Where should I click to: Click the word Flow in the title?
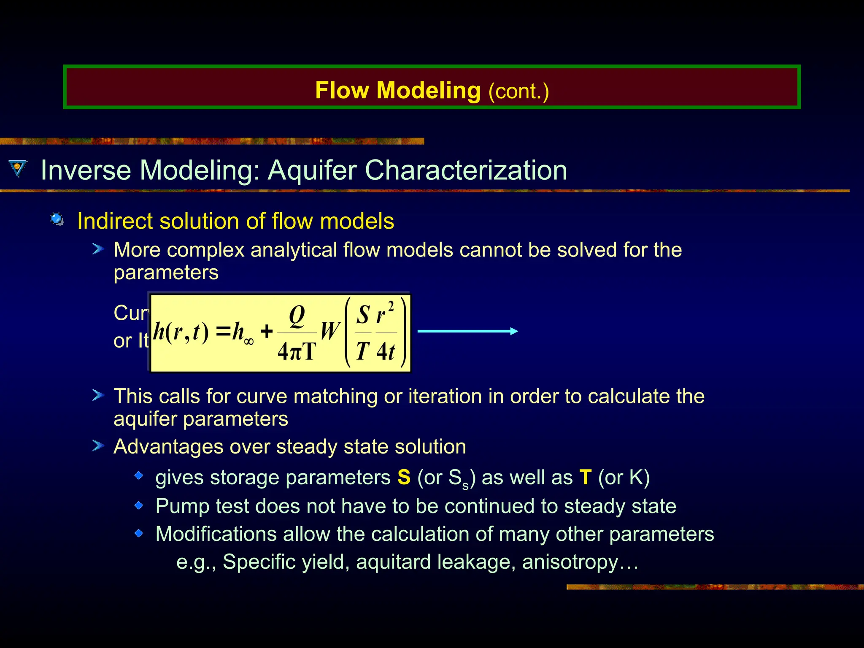[x=342, y=90]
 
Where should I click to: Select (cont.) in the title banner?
[x=518, y=91]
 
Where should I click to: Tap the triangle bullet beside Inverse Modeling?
[x=17, y=168]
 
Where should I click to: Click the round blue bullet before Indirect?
[x=57, y=219]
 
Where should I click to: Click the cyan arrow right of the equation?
[x=467, y=331]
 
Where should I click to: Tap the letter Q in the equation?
[x=297, y=316]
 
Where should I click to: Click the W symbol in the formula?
[x=330, y=331]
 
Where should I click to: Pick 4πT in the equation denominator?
[x=297, y=351]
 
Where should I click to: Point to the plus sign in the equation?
[x=267, y=332]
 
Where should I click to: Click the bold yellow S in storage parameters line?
[x=404, y=478]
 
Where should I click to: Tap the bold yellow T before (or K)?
[x=586, y=478]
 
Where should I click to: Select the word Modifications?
[x=216, y=534]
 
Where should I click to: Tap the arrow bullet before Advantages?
[x=98, y=446]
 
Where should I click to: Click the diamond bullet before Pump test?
[x=139, y=505]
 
